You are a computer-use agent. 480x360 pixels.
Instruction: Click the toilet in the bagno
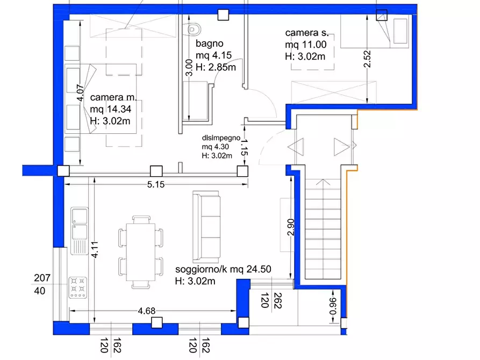(194, 30)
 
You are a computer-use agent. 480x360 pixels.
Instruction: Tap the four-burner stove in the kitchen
(78, 287)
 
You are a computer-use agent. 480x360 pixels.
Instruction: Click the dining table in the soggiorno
(141, 252)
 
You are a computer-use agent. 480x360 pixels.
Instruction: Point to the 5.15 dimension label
(156, 185)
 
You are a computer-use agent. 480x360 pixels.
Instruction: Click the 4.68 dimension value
(147, 311)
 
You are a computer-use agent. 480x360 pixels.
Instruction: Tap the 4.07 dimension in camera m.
(80, 93)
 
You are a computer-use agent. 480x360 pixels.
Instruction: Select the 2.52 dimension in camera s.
(367, 59)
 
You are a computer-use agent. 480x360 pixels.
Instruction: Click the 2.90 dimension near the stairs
(291, 227)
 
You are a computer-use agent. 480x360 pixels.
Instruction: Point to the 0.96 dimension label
(333, 306)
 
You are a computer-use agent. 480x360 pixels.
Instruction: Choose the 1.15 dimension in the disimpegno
(244, 148)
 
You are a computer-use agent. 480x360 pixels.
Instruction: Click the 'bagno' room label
(210, 44)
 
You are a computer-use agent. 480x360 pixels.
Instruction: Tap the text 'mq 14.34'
(111, 109)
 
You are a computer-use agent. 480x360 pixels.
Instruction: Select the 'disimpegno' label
(221, 138)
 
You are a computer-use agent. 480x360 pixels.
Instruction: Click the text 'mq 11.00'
(306, 45)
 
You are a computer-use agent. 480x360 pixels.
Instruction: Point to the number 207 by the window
(42, 278)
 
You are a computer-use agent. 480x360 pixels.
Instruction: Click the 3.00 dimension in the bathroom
(190, 67)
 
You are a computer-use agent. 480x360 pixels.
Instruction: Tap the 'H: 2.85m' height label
(216, 67)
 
